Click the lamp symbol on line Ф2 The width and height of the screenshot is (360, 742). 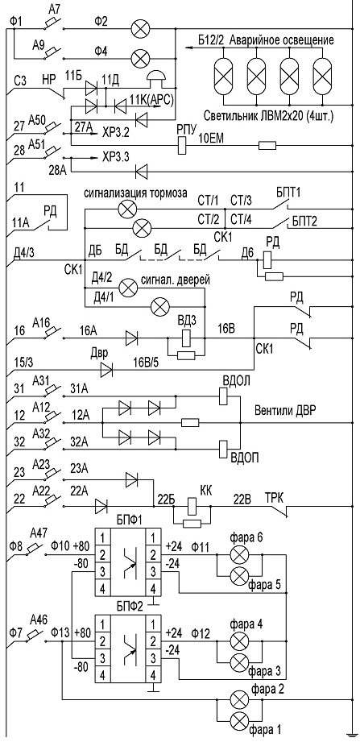139,29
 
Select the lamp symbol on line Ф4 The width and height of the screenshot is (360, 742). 139,59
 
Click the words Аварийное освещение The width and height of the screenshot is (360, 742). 282,40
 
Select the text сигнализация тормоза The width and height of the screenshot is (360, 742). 136,193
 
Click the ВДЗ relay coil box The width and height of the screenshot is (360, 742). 185,337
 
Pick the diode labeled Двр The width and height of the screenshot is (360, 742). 107,369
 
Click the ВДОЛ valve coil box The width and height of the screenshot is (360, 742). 224,396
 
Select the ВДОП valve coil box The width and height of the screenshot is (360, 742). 224,448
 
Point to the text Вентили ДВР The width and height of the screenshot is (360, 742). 285,410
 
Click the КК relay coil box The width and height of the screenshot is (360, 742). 192,506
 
